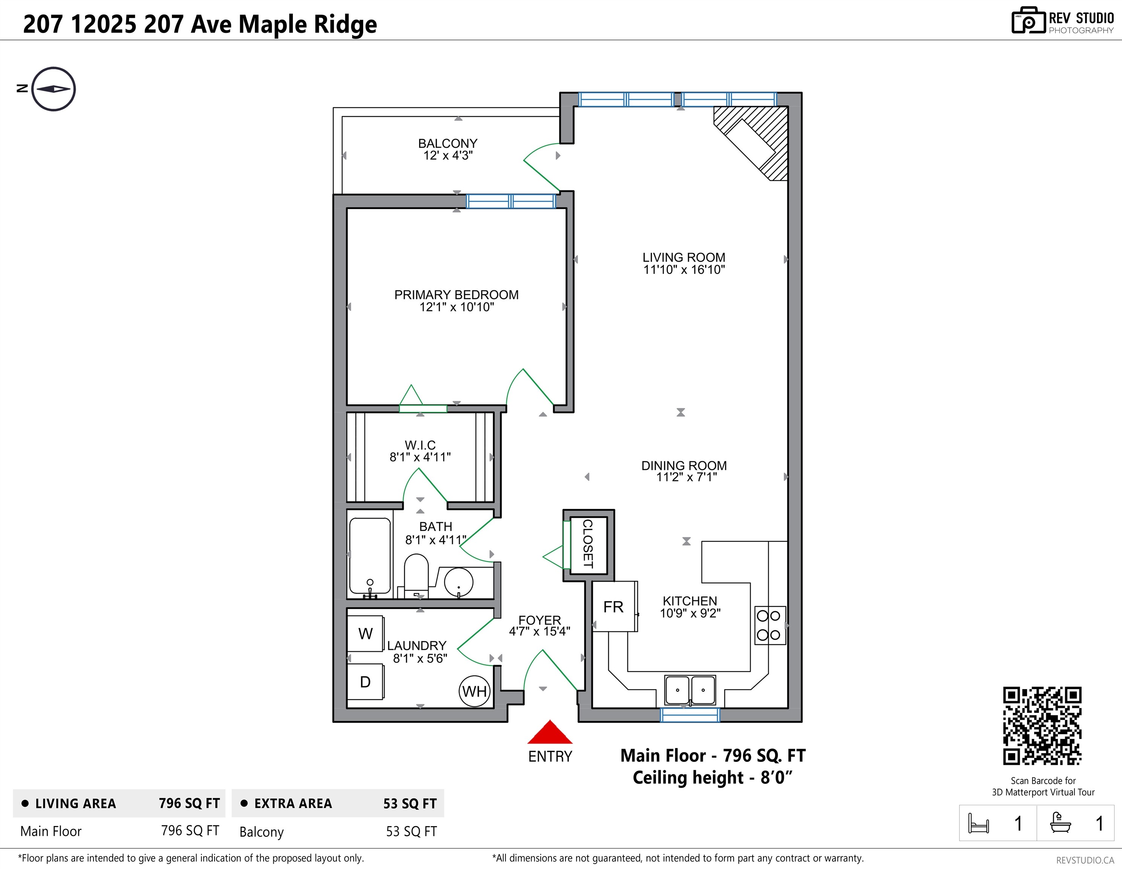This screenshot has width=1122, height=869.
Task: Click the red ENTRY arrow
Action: pyautogui.click(x=550, y=733)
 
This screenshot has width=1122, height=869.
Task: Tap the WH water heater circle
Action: pyautogui.click(x=474, y=691)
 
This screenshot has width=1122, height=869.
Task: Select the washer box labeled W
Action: pyautogui.click(x=365, y=633)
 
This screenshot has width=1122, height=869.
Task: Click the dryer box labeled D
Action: pyautogui.click(x=365, y=682)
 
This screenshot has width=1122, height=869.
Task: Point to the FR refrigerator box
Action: pyautogui.click(x=614, y=607)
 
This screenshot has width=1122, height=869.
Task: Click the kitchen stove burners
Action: pyautogui.click(x=769, y=625)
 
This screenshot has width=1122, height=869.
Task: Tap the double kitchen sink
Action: pyautogui.click(x=690, y=690)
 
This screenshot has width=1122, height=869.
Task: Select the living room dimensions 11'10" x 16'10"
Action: pyautogui.click(x=684, y=270)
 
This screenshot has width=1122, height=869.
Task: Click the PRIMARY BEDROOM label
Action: pyautogui.click(x=456, y=295)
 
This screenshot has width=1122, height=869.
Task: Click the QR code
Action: pyautogui.click(x=1042, y=726)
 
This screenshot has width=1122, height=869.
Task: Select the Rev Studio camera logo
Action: pyautogui.click(x=1028, y=21)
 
